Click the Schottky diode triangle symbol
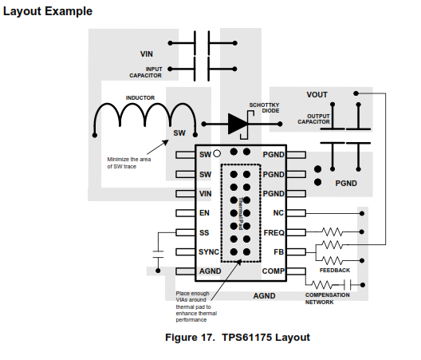coord(238,124)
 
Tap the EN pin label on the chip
coord(204,213)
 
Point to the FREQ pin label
coord(273,232)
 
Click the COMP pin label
coord(273,271)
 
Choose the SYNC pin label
coord(209,252)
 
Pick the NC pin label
coord(278,213)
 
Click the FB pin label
coord(279,252)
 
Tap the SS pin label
coord(204,232)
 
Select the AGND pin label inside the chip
coord(210,271)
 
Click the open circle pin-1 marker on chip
coord(217,153)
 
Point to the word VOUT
coord(317,95)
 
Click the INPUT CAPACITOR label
coord(146,73)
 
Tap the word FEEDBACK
coord(335,271)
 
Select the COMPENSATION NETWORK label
coord(328,299)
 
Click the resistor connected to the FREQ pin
coord(332,231)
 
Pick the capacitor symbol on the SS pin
coord(158,255)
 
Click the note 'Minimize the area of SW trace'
coord(129,163)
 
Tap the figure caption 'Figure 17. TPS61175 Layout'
coord(238,337)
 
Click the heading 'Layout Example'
coord(48,11)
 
